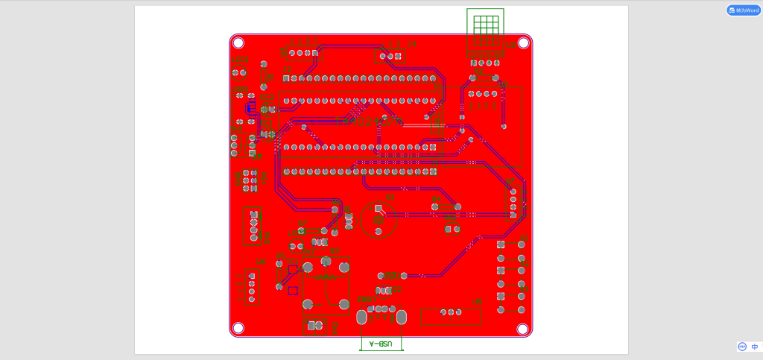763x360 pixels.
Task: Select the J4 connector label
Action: [x=411, y=45]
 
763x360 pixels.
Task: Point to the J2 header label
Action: [x=288, y=70]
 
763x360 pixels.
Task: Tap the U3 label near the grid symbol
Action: [x=510, y=45]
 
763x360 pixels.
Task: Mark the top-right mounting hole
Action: [x=524, y=43]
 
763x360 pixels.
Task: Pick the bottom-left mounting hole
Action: [x=238, y=328]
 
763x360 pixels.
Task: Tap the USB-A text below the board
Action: [x=381, y=344]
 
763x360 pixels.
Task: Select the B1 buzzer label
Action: [x=390, y=198]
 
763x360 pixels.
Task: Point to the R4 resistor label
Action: [x=436, y=198]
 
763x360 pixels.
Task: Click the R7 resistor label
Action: [x=302, y=223]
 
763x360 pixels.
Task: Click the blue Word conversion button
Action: [x=743, y=10]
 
